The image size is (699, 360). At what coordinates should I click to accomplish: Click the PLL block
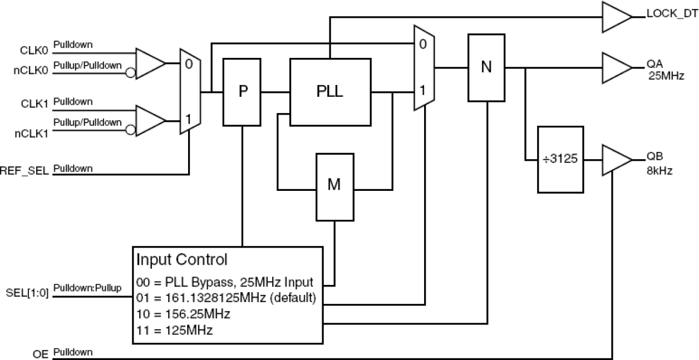coord(331,92)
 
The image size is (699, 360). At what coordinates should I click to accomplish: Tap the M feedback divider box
coord(334,186)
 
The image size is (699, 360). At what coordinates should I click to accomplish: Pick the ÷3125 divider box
coord(560,160)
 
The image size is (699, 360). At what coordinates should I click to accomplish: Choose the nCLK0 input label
coord(35,71)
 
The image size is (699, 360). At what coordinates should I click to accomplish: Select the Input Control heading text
coord(182,260)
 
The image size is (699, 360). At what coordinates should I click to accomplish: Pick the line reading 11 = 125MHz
coord(175,330)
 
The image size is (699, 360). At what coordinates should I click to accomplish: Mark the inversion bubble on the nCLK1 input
coord(130,130)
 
